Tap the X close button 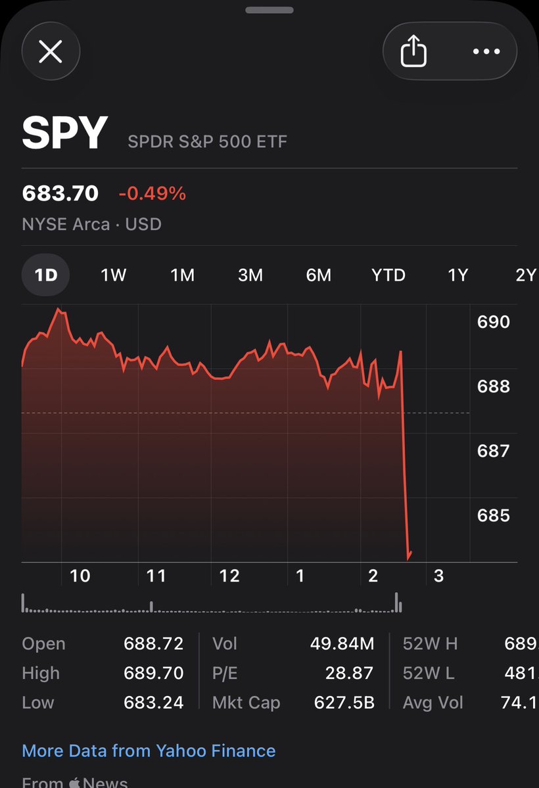click(x=51, y=51)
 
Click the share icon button click(x=413, y=51)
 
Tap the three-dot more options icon click(x=486, y=51)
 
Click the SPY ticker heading click(x=64, y=133)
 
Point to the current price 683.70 click(x=60, y=193)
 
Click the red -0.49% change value click(x=152, y=194)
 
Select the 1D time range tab click(x=46, y=275)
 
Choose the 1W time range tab click(x=113, y=275)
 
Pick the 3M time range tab click(x=250, y=275)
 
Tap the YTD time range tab click(x=388, y=275)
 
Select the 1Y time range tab click(x=457, y=275)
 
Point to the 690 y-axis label click(x=493, y=322)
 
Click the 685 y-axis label click(x=493, y=515)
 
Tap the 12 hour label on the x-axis click(x=229, y=576)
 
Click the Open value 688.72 click(x=153, y=644)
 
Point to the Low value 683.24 click(x=153, y=703)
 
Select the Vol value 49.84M click(x=342, y=644)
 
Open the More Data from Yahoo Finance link click(x=149, y=751)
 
